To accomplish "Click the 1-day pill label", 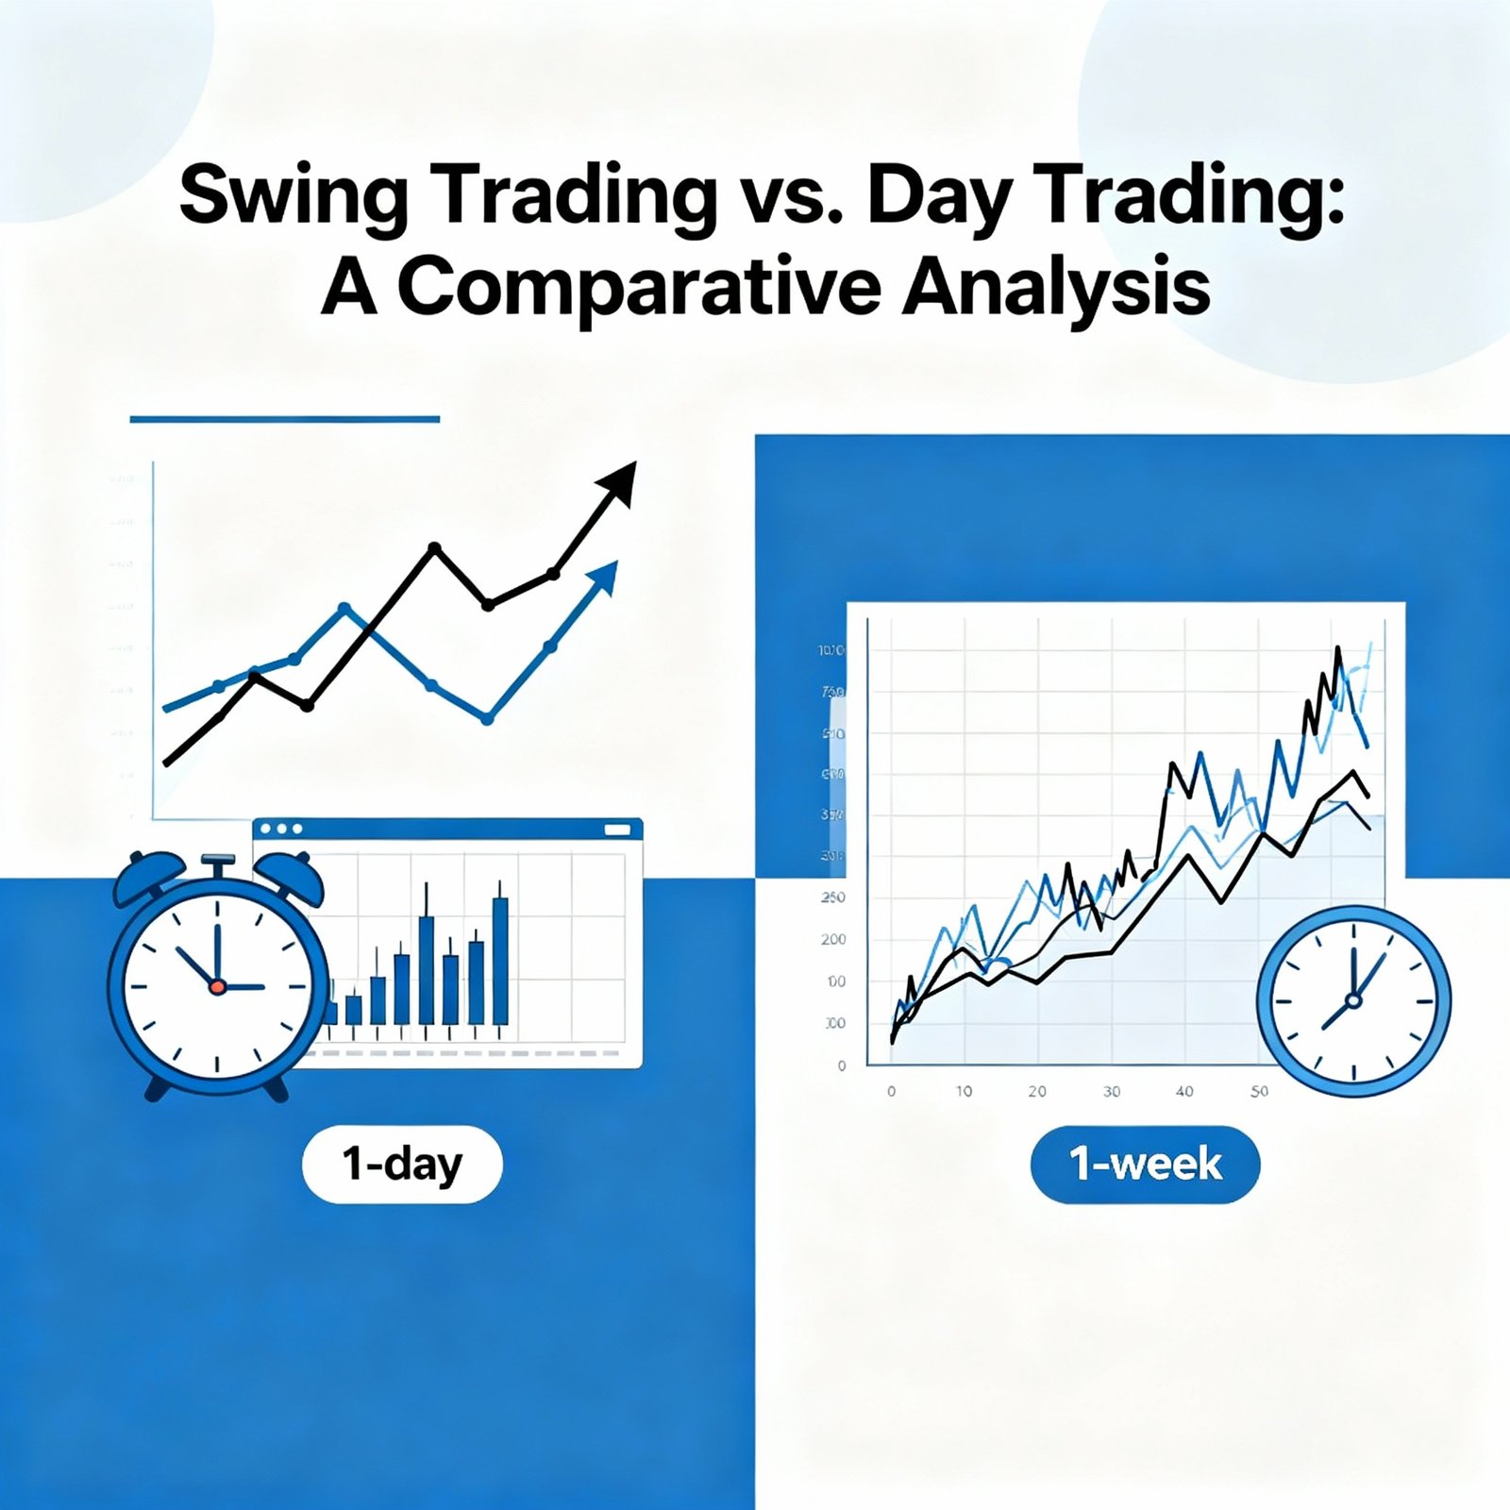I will pyautogui.click(x=402, y=1165).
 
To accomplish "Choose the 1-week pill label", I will pyautogui.click(x=1145, y=1165).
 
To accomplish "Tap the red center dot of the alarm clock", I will pyautogui.click(x=217, y=987).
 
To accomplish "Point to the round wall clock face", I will pyautogui.click(x=1353, y=1000).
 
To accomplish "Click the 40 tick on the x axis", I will pyautogui.click(x=1184, y=1092).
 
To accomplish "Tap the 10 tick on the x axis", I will pyautogui.click(x=964, y=1092).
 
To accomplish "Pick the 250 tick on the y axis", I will pyautogui.click(x=832, y=898).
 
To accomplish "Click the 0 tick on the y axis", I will pyautogui.click(x=842, y=1066).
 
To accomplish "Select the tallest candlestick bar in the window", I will pyautogui.click(x=500, y=958).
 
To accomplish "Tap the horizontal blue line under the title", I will pyautogui.click(x=284, y=419).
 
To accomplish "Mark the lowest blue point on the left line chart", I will pyautogui.click(x=487, y=719).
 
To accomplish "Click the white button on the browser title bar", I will pyautogui.click(x=616, y=829).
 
